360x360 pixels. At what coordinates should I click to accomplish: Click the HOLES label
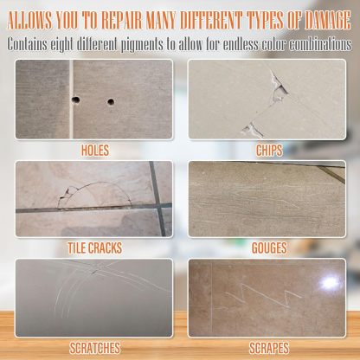click(94, 148)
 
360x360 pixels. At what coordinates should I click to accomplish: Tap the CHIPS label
click(269, 149)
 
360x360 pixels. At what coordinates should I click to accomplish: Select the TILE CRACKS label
click(94, 247)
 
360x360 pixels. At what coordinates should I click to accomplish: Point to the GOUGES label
click(269, 247)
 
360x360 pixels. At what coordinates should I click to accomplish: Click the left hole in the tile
click(76, 99)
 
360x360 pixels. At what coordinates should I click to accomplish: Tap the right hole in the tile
click(111, 102)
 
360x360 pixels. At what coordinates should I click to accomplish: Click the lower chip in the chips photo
click(254, 129)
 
